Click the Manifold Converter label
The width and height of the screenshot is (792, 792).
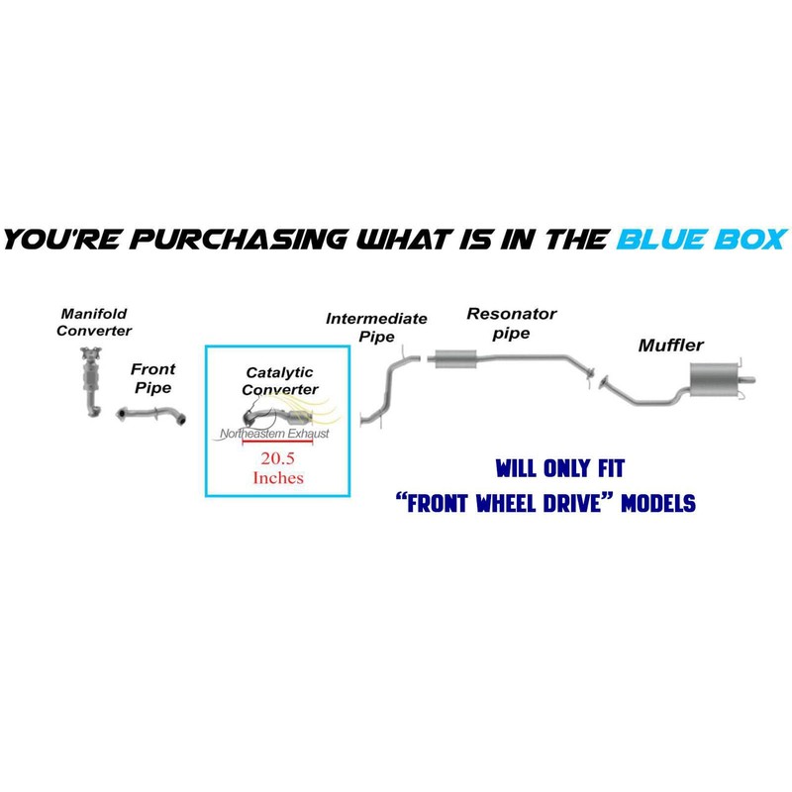(x=94, y=322)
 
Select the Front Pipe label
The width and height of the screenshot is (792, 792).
(x=154, y=376)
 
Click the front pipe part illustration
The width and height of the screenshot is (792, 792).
(x=153, y=417)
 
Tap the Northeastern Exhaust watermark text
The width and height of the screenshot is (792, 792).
(x=274, y=434)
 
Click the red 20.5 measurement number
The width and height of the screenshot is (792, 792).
(x=278, y=459)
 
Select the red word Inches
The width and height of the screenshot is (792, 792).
(x=278, y=477)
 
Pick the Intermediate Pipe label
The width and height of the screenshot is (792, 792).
(x=376, y=326)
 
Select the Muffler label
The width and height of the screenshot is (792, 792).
(x=671, y=346)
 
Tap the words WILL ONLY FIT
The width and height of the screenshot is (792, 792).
(x=559, y=465)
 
